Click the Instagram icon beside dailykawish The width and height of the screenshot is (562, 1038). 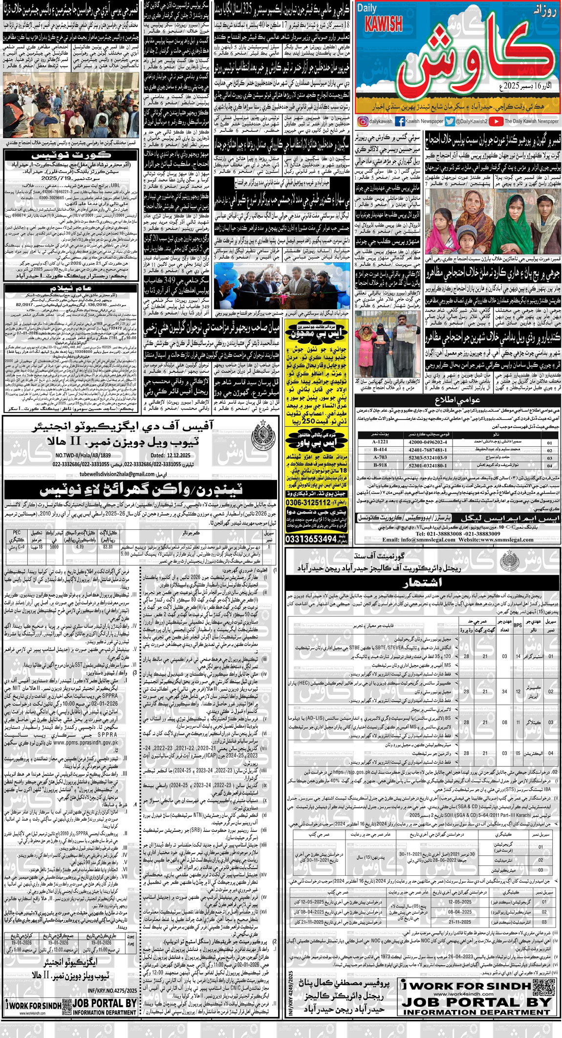(362, 121)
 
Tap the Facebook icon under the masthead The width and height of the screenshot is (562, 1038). (399, 121)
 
